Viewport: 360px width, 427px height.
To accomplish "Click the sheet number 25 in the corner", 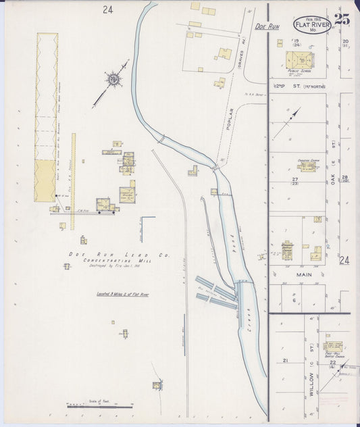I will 341,20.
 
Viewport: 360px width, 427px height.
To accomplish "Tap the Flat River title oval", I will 312,26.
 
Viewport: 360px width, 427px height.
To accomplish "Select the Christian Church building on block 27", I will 307,166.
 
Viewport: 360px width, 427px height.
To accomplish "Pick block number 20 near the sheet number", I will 344,41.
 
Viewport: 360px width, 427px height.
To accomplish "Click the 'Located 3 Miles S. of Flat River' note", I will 118,295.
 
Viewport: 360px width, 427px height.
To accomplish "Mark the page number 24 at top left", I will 108,9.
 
